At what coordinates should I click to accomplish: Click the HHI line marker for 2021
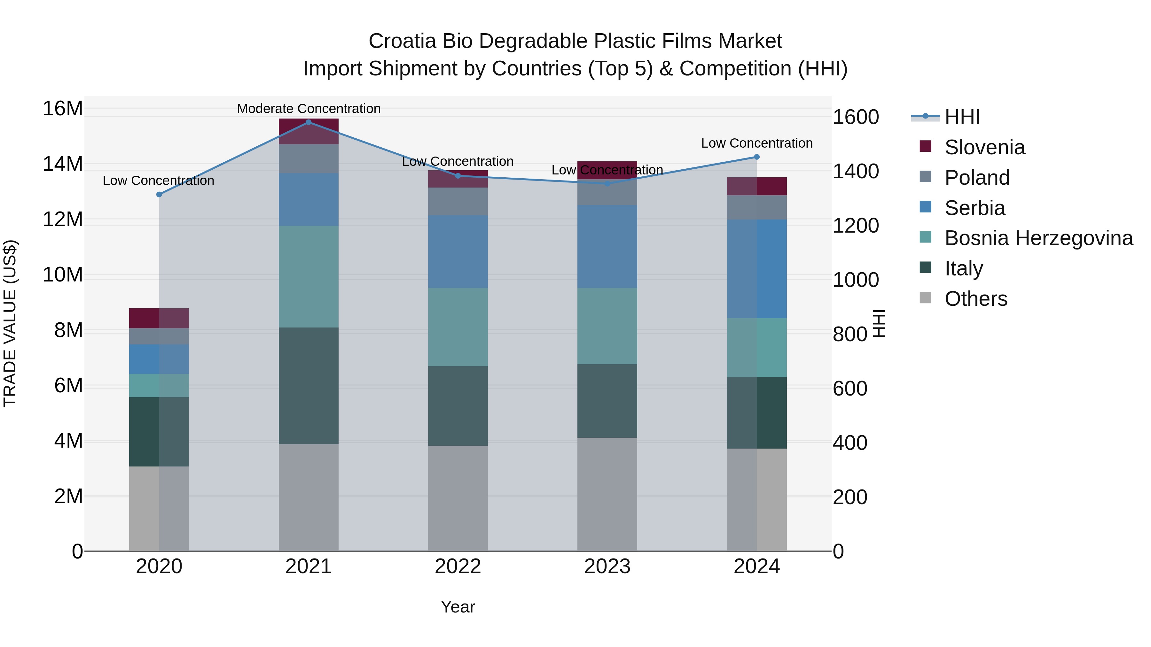pos(308,122)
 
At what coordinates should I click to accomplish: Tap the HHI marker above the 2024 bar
pos(756,157)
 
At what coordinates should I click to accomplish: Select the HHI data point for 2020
pos(159,194)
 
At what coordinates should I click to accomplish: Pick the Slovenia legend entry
pos(984,147)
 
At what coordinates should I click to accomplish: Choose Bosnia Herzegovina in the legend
pos(1038,238)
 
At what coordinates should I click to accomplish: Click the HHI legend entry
pos(962,117)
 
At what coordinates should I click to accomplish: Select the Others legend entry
pos(976,299)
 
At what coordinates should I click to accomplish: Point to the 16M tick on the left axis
pos(63,109)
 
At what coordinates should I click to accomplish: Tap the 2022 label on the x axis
pos(458,566)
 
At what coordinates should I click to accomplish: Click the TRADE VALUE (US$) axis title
pos(10,323)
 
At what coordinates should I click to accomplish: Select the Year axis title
pos(458,607)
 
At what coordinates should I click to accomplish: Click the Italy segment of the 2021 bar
pos(308,385)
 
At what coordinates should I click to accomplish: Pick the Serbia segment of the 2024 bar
pos(756,268)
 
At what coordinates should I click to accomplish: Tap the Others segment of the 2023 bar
pos(607,494)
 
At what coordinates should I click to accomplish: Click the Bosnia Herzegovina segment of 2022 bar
pos(458,327)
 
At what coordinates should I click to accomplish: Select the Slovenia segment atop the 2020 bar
pos(159,318)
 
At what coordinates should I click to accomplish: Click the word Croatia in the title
pos(402,41)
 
